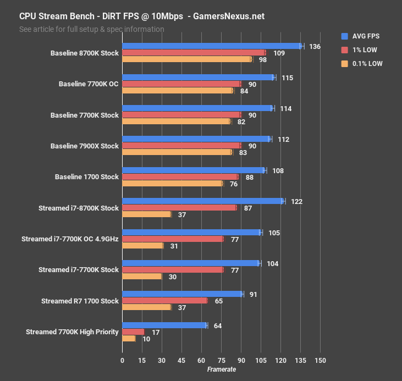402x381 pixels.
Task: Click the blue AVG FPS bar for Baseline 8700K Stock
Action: click(x=212, y=46)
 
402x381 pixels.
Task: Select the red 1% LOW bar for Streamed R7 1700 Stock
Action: click(x=164, y=301)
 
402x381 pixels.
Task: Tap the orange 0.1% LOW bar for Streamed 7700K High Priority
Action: click(x=129, y=339)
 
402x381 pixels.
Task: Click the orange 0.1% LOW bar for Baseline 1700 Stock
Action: click(x=172, y=184)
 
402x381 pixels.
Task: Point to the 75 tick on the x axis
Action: click(x=221, y=361)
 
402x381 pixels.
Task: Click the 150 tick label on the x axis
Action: click(x=320, y=361)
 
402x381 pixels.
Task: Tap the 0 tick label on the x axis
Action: click(x=122, y=361)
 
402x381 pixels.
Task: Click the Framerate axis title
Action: click(x=221, y=369)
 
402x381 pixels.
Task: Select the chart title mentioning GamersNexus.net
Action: click(x=142, y=16)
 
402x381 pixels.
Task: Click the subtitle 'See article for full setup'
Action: click(x=91, y=29)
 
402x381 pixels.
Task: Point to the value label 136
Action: click(x=315, y=47)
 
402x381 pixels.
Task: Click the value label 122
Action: click(x=296, y=202)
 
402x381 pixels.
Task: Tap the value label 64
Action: click(x=218, y=326)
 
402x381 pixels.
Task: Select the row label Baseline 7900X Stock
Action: click(x=84, y=146)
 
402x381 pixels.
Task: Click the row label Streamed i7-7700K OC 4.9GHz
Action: click(x=70, y=239)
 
